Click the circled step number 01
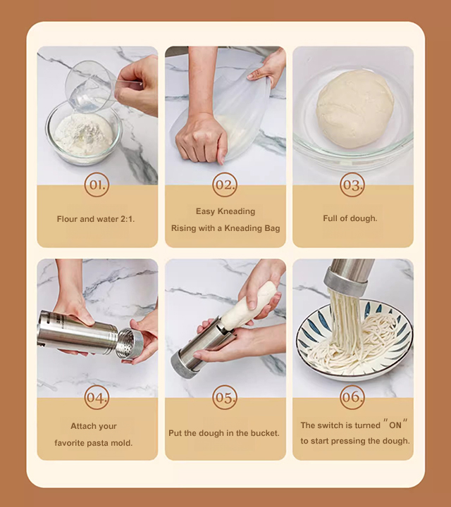(97, 184)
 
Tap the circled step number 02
(225, 184)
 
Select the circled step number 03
(352, 184)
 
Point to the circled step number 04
(97, 397)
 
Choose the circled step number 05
(225, 397)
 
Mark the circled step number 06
(352, 397)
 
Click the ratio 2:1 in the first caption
(127, 219)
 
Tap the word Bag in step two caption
(272, 228)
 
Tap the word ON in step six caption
(395, 425)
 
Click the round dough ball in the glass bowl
(355, 109)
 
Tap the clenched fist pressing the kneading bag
(202, 139)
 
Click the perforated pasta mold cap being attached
(130, 344)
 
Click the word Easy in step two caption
(206, 211)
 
